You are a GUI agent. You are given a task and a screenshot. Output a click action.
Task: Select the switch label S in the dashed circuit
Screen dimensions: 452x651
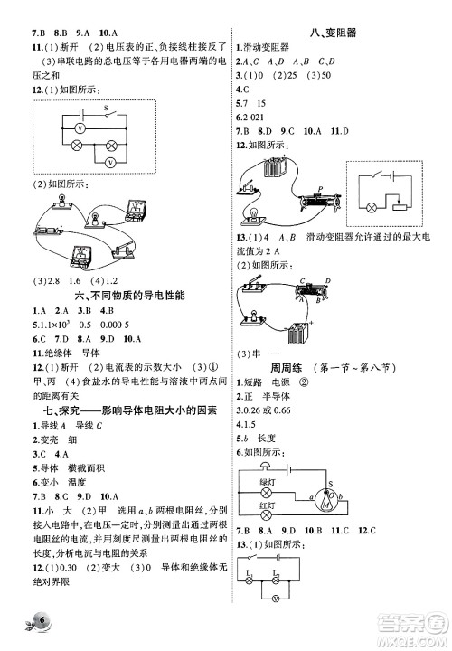click(108, 111)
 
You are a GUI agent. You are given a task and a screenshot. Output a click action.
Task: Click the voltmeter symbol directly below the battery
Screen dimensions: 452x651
click(80, 129)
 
